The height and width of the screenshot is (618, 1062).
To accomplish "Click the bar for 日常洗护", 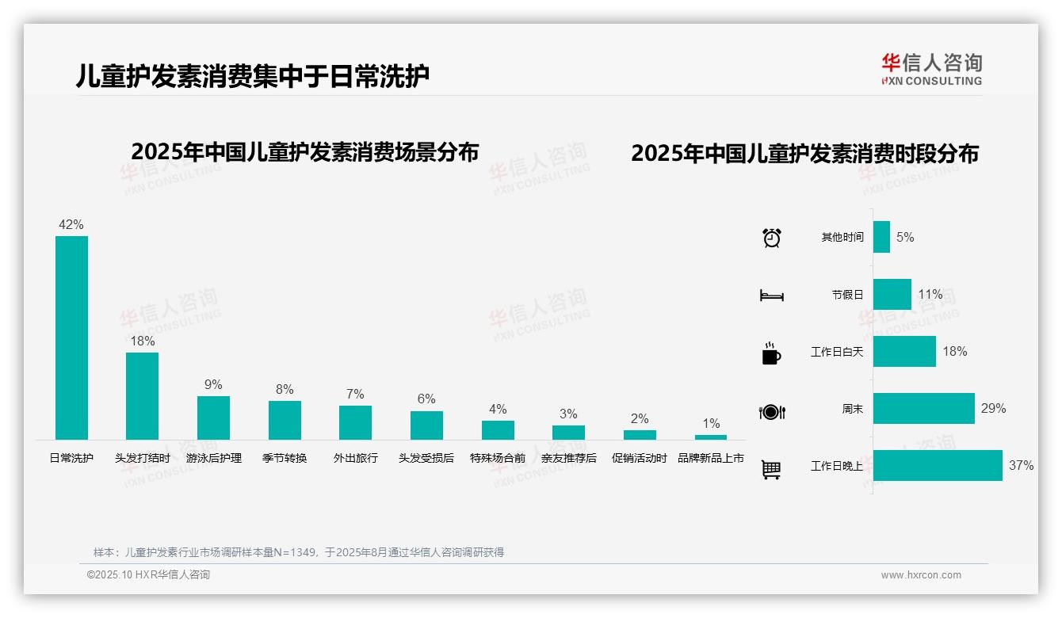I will (71, 338).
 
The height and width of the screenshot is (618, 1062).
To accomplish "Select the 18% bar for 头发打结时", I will (143, 395).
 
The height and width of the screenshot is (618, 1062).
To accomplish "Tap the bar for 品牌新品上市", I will (711, 437).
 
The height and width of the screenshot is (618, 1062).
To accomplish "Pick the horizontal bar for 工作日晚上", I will (938, 465).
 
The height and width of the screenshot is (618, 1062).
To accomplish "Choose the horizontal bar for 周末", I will (923, 408).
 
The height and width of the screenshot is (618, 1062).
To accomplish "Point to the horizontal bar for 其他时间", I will (881, 237).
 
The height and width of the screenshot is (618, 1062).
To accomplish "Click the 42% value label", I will (71, 224).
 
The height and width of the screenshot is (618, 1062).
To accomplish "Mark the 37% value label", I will (1021, 466).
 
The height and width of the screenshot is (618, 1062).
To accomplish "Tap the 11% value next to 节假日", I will (930, 295).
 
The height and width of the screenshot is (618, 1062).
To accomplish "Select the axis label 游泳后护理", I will (214, 458).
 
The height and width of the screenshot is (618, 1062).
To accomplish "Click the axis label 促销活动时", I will (640, 458).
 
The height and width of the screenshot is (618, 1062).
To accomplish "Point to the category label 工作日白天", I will (837, 352).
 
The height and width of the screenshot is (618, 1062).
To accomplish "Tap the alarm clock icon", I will (772, 238).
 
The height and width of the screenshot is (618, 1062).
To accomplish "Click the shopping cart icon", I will (771, 469).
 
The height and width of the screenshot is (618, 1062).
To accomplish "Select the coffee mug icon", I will (771, 353).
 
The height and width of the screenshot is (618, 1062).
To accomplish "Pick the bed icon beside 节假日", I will (771, 296).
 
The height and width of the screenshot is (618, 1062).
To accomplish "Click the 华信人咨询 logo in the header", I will (931, 69).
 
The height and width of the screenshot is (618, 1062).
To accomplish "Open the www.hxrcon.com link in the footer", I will (921, 575).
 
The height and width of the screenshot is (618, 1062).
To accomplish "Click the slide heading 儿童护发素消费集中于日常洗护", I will (253, 76).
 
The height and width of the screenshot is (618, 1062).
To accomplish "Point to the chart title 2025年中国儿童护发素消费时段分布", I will (804, 153).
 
